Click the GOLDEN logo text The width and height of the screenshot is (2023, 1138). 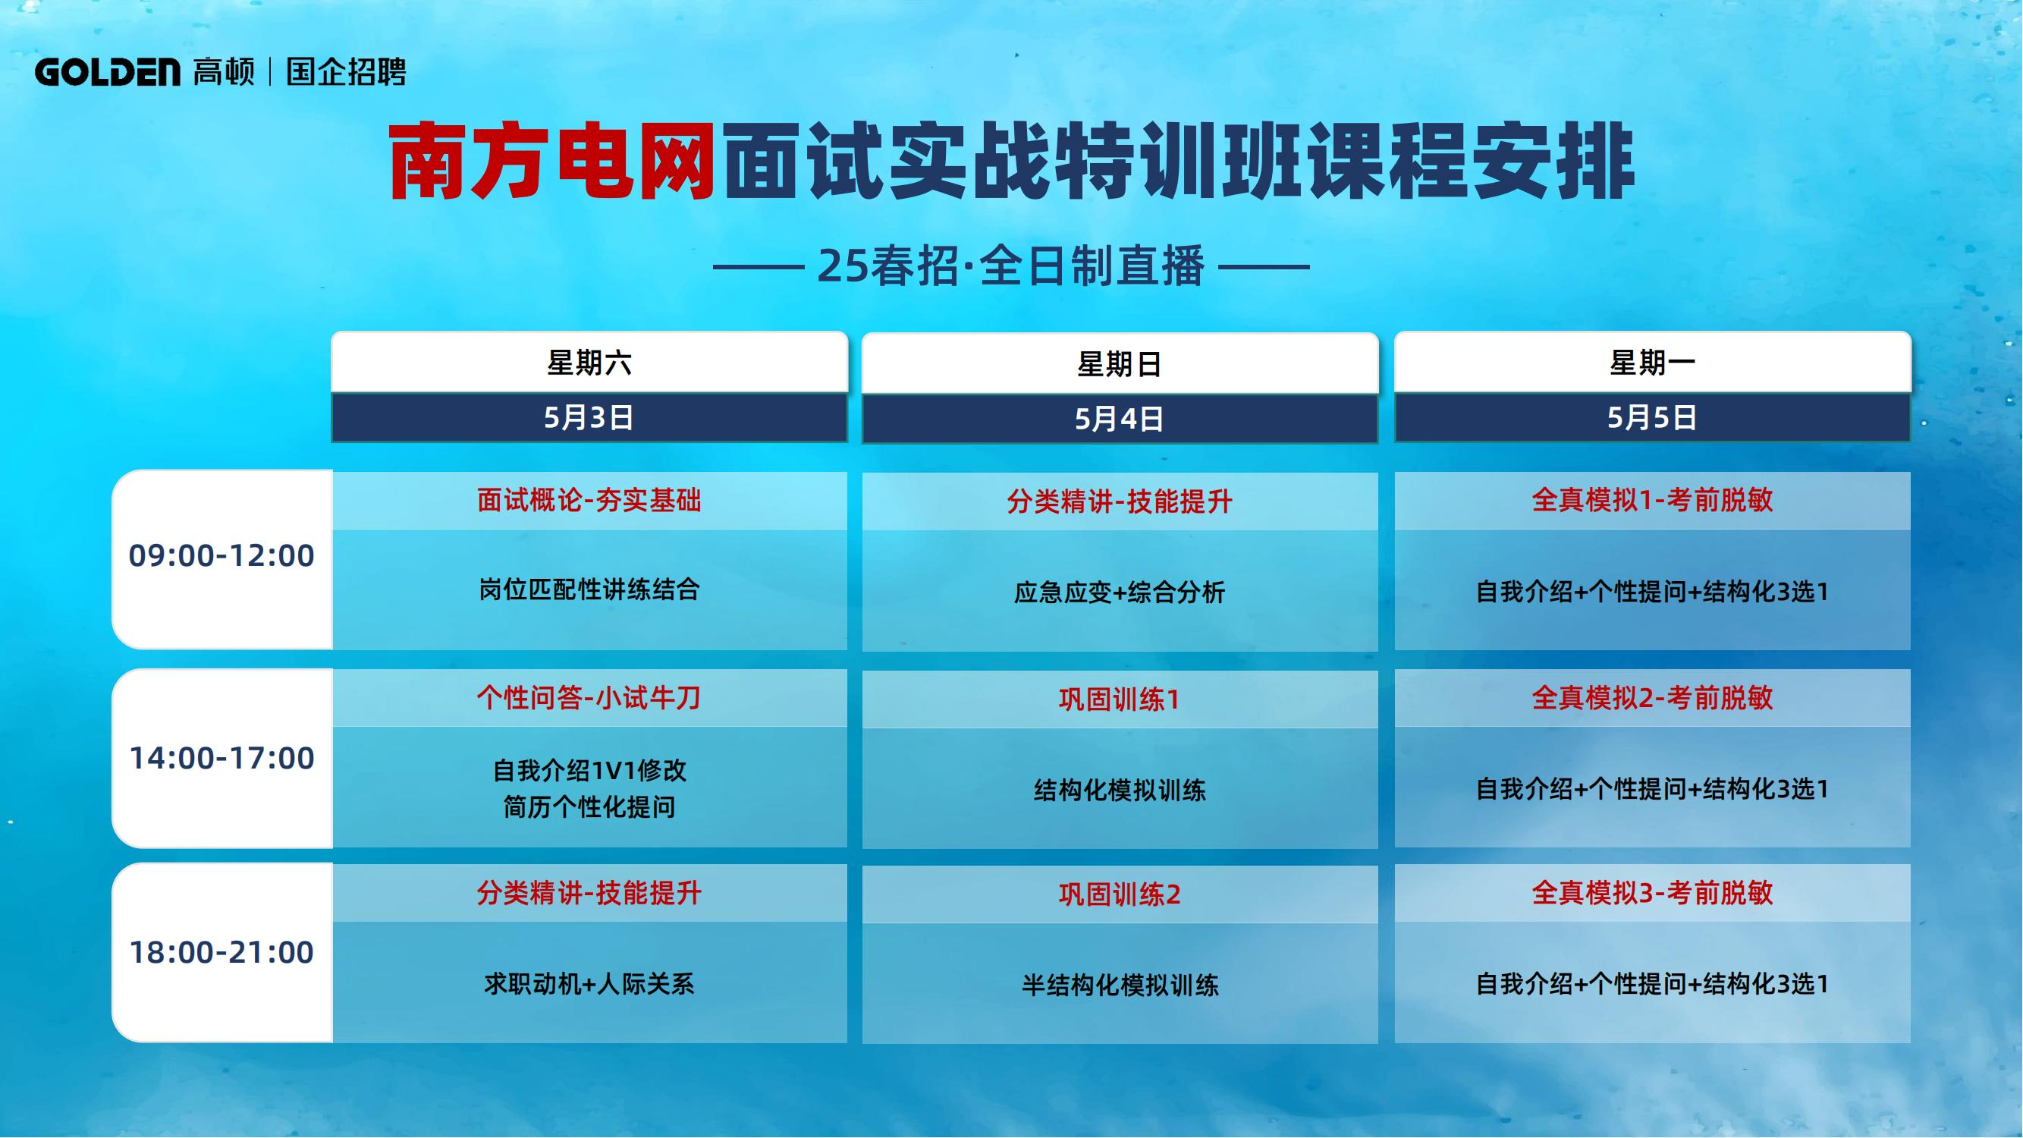(108, 72)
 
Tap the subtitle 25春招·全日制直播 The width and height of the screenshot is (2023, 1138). (1010, 266)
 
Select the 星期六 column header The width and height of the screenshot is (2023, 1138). (589, 363)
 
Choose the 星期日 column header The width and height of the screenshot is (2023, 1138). (1120, 364)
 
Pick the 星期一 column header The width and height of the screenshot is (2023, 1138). (1652, 363)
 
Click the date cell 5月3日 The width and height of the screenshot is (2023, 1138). (589, 418)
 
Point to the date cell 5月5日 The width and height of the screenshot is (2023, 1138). (1652, 418)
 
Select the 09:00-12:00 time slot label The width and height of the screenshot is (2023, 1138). (221, 556)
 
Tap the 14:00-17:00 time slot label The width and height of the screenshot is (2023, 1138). (221, 759)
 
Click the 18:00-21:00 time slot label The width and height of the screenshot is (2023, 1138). (221, 953)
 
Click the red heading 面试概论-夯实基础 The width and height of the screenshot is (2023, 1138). (589, 500)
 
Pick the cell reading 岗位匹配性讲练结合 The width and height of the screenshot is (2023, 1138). (589, 589)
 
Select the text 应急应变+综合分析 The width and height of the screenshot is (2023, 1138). (1120, 593)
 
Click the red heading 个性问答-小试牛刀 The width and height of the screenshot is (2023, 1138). (589, 697)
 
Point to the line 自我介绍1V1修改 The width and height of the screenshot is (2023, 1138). (589, 771)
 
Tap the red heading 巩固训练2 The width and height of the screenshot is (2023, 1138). (1120, 894)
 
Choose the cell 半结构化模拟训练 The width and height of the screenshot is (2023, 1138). (1120, 985)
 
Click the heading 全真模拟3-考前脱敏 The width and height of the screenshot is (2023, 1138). (1652, 893)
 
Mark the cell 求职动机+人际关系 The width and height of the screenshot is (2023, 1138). (589, 984)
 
